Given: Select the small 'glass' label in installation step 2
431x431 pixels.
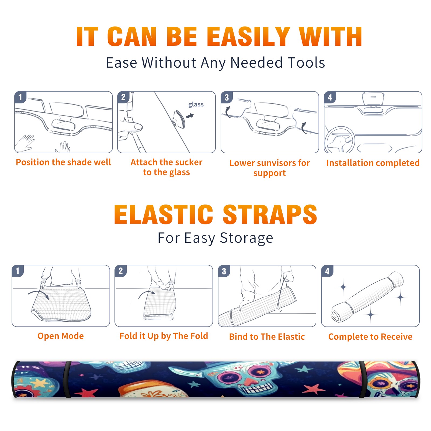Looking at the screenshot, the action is [x=196, y=105].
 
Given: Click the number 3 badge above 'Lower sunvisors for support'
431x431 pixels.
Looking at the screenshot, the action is [x=227, y=97].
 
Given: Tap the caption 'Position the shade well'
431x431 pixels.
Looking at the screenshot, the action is [x=63, y=162].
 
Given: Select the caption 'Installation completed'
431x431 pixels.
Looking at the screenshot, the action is [x=373, y=163].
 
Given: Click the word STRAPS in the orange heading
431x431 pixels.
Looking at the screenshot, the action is [x=270, y=214].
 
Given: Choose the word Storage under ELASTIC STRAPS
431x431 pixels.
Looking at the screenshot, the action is [x=246, y=238].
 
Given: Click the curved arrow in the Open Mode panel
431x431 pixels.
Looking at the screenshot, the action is [x=38, y=294].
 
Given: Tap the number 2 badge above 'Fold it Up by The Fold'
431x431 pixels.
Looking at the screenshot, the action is [x=121, y=271].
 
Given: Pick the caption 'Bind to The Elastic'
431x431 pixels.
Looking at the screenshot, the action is [x=267, y=337].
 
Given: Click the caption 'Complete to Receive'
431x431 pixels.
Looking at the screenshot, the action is [x=370, y=337].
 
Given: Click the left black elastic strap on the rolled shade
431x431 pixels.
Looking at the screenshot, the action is [x=67, y=380].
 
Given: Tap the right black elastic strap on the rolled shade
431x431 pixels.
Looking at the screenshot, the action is [x=363, y=380].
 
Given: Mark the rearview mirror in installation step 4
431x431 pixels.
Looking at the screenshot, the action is [x=373, y=99].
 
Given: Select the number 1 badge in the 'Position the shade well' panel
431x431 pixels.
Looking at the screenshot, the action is [x=20, y=97].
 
